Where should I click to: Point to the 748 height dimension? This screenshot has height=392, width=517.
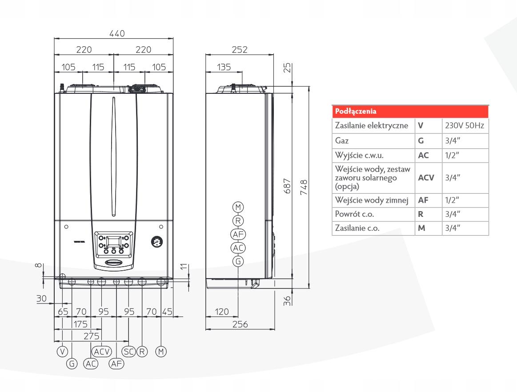point(303,184)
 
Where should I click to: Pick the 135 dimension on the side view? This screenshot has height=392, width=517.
point(223,67)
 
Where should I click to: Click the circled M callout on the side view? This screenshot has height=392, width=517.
point(239,207)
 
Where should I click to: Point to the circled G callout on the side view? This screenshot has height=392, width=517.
point(239,261)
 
